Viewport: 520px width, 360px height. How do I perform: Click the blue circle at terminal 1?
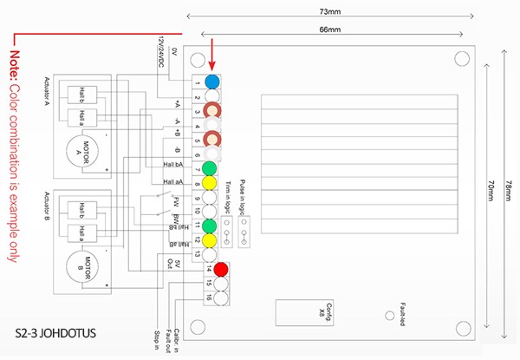pos(211,82)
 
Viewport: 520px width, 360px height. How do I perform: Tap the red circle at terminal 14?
pos(222,269)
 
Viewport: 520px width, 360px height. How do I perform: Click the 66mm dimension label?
pos(329,29)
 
